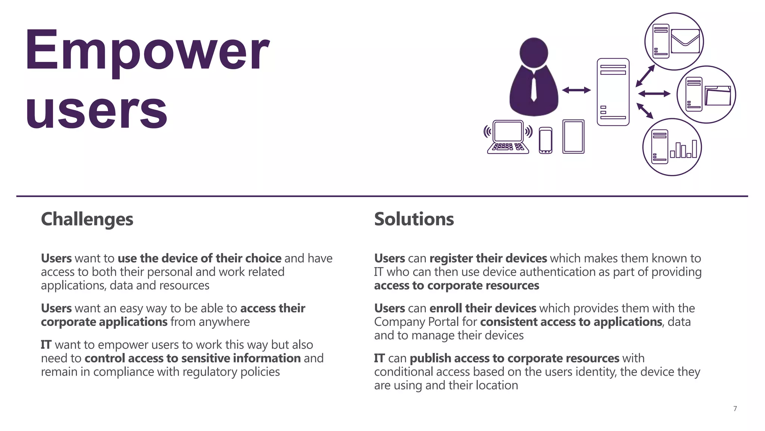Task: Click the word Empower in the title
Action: point(146,51)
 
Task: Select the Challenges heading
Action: point(87,219)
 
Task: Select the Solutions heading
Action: point(414,219)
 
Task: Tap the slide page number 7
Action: point(735,409)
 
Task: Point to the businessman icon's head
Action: point(534,52)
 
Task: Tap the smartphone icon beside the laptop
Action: point(545,140)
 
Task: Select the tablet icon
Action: point(573,137)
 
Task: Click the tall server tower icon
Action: point(613,92)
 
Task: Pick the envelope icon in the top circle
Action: point(685,41)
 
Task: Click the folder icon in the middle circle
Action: point(718,96)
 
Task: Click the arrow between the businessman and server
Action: point(576,90)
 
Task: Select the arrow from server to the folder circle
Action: point(654,94)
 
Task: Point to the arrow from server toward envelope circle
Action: point(645,76)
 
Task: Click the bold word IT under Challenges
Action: point(46,345)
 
